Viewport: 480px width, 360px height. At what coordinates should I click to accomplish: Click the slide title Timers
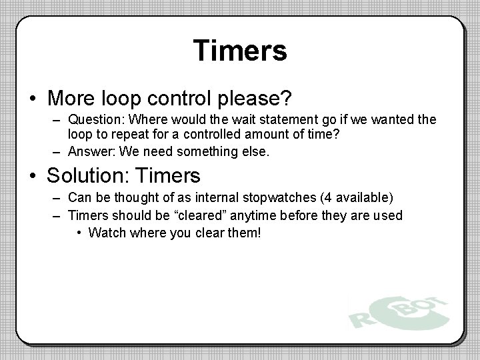240,51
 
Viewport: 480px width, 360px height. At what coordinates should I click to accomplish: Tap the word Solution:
87,177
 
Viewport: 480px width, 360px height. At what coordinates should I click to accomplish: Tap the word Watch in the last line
105,233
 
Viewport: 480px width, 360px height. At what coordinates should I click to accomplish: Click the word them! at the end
245,233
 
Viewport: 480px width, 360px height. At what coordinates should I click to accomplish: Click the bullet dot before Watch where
79,233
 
